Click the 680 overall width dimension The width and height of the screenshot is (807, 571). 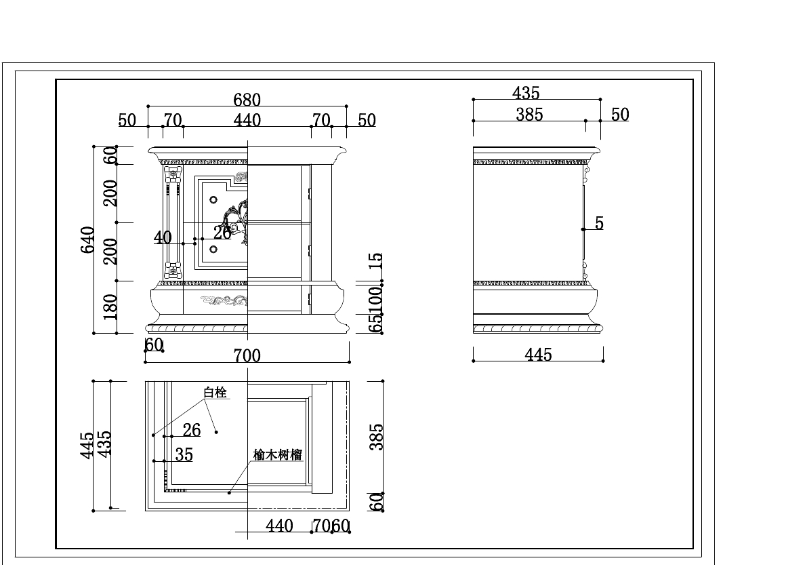click(x=247, y=100)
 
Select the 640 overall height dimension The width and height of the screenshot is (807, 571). click(x=88, y=239)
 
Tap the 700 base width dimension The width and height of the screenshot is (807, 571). click(x=247, y=355)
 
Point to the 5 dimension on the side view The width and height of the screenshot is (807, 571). click(x=599, y=223)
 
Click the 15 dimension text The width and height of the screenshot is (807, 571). click(x=377, y=261)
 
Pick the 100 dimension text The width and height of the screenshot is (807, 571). click(x=377, y=300)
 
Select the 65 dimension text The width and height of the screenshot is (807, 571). click(x=377, y=323)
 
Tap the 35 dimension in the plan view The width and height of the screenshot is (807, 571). click(x=184, y=454)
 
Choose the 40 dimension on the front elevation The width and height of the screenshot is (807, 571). click(x=163, y=237)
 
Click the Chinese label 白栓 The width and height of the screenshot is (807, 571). click(x=215, y=393)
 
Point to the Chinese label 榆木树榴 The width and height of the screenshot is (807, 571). click(x=277, y=455)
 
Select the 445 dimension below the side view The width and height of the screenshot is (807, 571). click(x=538, y=355)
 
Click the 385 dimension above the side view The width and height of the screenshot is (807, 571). click(x=529, y=115)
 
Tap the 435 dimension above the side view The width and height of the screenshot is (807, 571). click(x=526, y=93)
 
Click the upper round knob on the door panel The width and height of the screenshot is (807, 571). click(x=213, y=201)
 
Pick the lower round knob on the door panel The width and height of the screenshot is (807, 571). click(x=213, y=250)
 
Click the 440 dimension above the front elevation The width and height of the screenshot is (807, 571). click(x=247, y=121)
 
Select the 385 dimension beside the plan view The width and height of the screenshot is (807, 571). click(x=377, y=437)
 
